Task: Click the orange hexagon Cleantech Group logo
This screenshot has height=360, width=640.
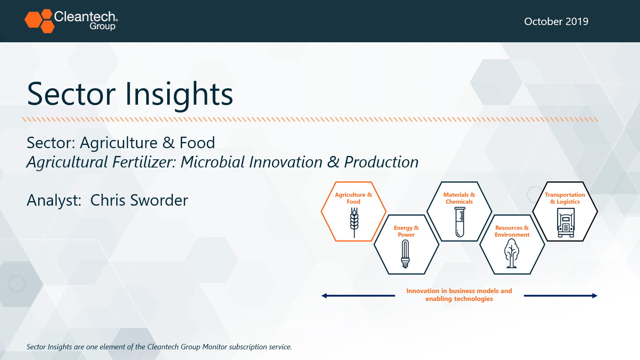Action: pos(40,21)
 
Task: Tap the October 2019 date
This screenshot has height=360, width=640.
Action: pos(556,21)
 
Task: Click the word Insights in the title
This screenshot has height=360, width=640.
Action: pos(179,94)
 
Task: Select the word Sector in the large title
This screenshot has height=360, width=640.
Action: pos(71,94)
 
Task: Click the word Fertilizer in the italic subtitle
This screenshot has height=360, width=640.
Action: pos(144,162)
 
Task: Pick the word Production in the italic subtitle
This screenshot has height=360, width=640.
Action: pos(381,162)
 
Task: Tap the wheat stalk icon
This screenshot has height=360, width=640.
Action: pos(354,222)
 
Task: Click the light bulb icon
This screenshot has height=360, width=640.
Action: pos(405,254)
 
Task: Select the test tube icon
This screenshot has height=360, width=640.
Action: pos(460,222)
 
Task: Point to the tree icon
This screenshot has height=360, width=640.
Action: pos(511,253)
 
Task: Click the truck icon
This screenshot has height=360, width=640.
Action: pos(566,222)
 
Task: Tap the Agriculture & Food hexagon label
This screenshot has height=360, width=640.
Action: pos(353,198)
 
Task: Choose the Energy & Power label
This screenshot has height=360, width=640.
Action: pos(406,231)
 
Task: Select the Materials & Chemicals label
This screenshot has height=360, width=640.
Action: pos(459,198)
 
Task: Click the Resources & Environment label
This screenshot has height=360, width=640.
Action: pos(512,231)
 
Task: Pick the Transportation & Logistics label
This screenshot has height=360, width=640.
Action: pos(565,198)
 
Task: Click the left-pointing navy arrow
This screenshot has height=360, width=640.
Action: pos(358,296)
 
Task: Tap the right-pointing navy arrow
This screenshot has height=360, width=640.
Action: pos(561,296)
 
